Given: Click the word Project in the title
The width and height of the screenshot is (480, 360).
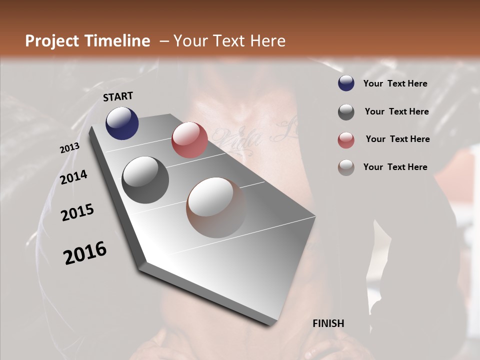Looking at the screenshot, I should pos(52,41).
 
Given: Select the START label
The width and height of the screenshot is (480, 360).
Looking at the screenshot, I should pos(118,96).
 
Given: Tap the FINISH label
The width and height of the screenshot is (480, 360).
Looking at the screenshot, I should pos(328,323).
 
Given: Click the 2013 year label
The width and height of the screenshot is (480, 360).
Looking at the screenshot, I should pos(70,148).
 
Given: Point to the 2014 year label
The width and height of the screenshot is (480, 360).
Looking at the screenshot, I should pos(74,177).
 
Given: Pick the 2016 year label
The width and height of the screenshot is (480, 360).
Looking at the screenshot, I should pos(85,253).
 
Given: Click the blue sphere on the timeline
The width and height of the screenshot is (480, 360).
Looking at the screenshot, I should pos(122,123).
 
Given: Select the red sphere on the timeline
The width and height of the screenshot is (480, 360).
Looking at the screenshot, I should pos(189,140).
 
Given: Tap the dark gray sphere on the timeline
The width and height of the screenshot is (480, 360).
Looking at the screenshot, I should pos(145,179).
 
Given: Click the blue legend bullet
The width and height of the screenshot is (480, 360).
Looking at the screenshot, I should pos(346,83).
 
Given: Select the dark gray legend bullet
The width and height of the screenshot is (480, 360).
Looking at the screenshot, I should pos(346,112).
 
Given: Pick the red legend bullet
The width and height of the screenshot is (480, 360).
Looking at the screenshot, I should pos(346,140).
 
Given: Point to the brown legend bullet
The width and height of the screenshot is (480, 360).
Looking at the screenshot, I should pos(346,167).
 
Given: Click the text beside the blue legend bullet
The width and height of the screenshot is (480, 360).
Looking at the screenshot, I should pos(395,83).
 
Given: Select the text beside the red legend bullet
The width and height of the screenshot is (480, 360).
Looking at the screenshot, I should pos(397,139).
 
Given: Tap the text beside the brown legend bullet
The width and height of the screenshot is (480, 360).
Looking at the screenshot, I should pos(395,167).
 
